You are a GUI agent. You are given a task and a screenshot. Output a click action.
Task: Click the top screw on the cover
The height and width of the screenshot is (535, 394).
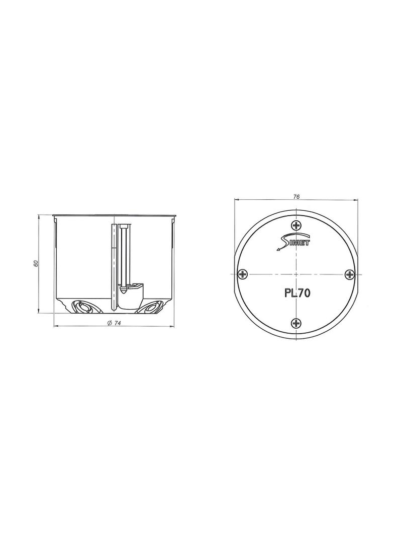click(x=296, y=225)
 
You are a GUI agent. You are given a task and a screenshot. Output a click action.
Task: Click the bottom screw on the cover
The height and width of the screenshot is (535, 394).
click(x=296, y=322)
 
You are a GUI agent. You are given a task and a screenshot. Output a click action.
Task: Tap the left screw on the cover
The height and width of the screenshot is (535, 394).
click(x=243, y=274)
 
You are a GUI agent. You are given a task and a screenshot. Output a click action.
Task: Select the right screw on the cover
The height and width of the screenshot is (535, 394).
click(x=349, y=274)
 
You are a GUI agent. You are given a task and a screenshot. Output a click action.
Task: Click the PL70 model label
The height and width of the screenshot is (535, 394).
click(x=297, y=293)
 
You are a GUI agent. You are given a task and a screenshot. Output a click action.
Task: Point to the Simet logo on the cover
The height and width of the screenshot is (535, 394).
click(x=292, y=243)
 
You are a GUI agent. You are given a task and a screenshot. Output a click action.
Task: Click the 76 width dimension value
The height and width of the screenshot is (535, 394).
click(x=297, y=197)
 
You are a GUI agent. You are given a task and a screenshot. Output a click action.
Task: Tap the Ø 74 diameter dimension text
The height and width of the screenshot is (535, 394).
click(x=114, y=323)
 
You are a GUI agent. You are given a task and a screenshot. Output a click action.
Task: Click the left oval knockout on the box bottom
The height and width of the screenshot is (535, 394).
click(x=82, y=307)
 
